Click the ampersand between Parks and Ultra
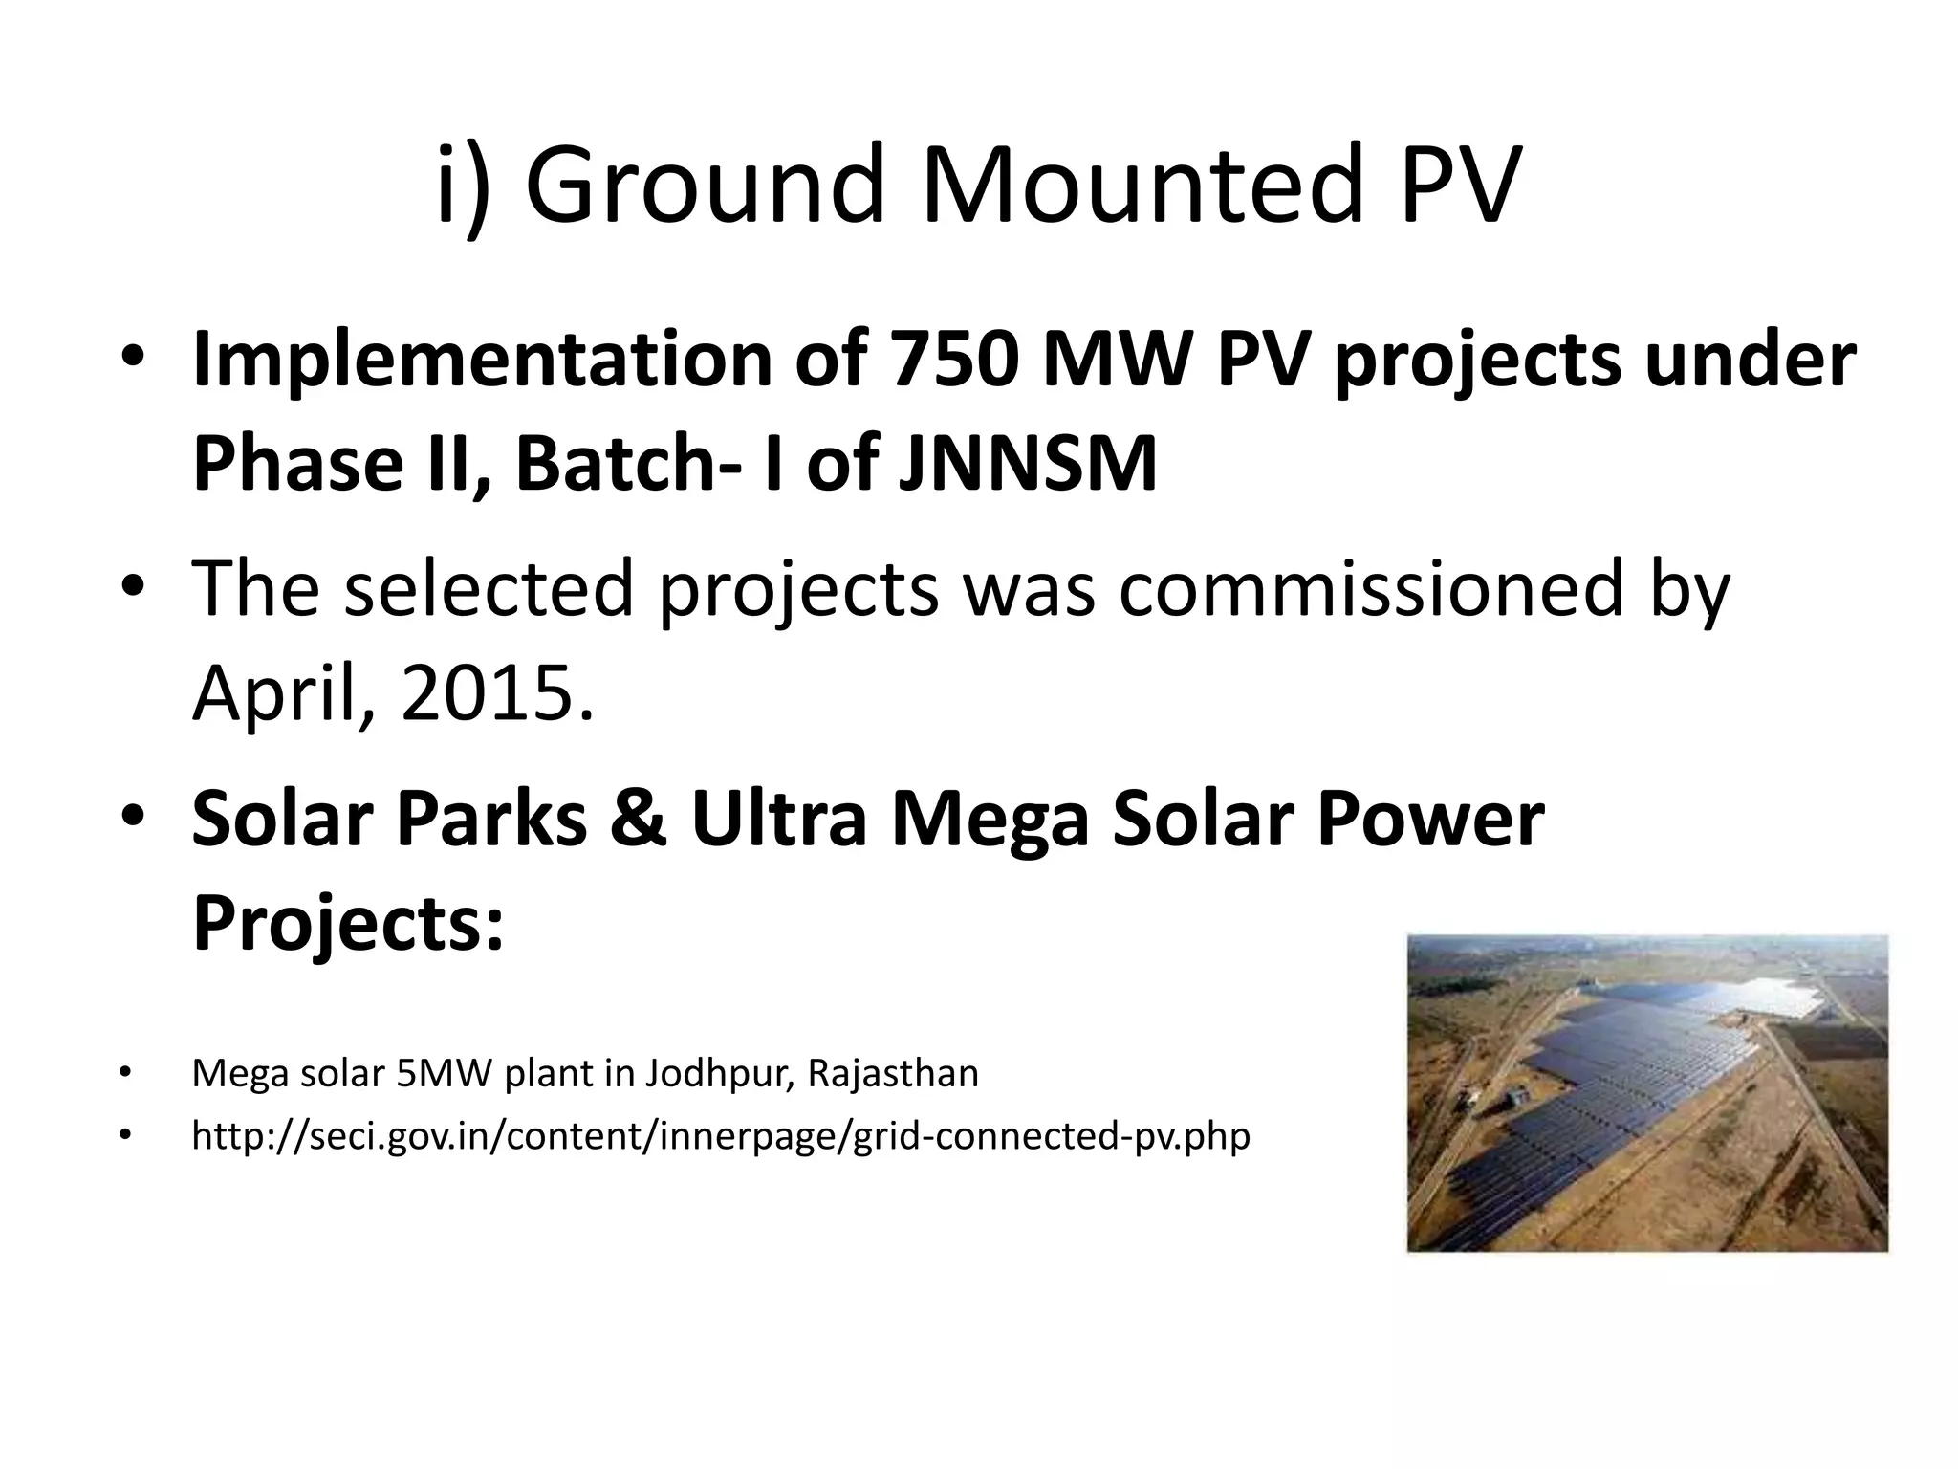point(638,819)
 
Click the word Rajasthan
point(893,1074)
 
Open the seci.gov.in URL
point(720,1136)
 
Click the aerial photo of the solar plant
point(1646,1093)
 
